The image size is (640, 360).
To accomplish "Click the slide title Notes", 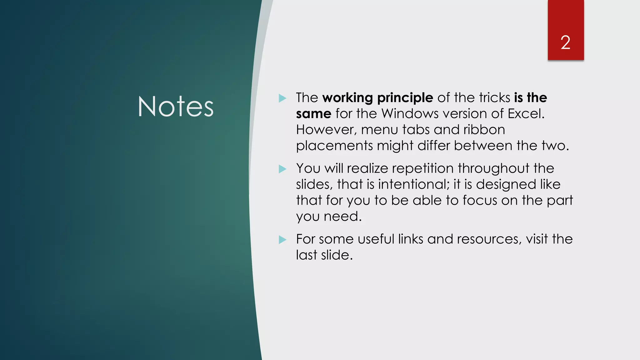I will [176, 107].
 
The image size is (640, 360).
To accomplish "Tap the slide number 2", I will [565, 42].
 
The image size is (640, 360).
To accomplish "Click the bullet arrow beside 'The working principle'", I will [282, 98].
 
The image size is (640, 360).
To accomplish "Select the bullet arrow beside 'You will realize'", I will [282, 169].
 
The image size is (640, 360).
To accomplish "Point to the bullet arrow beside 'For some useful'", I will [282, 240].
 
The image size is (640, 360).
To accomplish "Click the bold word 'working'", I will [347, 98].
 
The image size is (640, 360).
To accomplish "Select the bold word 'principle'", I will [405, 98].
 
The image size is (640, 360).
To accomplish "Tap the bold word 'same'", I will [313, 114].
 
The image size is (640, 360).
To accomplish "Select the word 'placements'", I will [334, 146].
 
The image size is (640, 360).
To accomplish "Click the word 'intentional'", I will [413, 184].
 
